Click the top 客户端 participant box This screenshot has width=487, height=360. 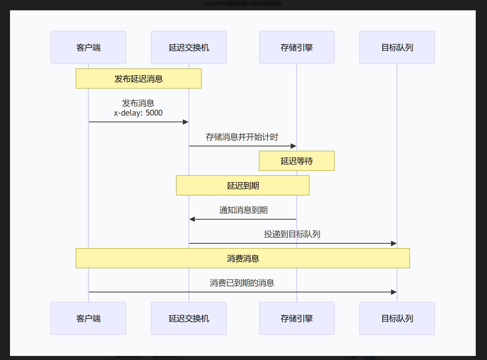(x=88, y=47)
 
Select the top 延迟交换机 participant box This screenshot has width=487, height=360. (x=189, y=47)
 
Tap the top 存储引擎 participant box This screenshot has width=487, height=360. (x=297, y=47)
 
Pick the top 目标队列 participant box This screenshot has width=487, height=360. (x=397, y=47)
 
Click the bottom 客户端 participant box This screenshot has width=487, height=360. (x=88, y=318)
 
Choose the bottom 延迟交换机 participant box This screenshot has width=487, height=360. (x=189, y=318)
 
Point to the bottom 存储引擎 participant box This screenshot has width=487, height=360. (x=297, y=318)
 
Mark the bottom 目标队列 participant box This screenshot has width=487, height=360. (x=397, y=318)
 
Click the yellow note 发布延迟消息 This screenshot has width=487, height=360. (x=138, y=79)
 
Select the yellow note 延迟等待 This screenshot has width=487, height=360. (x=297, y=161)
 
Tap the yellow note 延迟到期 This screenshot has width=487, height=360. (x=243, y=186)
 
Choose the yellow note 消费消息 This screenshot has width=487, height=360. (x=243, y=258)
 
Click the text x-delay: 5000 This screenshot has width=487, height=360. (x=138, y=113)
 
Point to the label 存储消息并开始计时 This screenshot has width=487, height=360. (x=242, y=137)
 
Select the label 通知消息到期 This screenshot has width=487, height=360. (x=243, y=210)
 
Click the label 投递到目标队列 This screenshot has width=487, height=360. (x=292, y=234)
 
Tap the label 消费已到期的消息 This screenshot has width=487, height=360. (x=242, y=283)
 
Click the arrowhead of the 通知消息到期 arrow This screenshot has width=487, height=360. (x=192, y=219)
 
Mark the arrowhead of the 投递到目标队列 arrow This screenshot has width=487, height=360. (x=394, y=243)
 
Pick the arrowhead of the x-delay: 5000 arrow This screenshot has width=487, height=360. (x=186, y=122)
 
